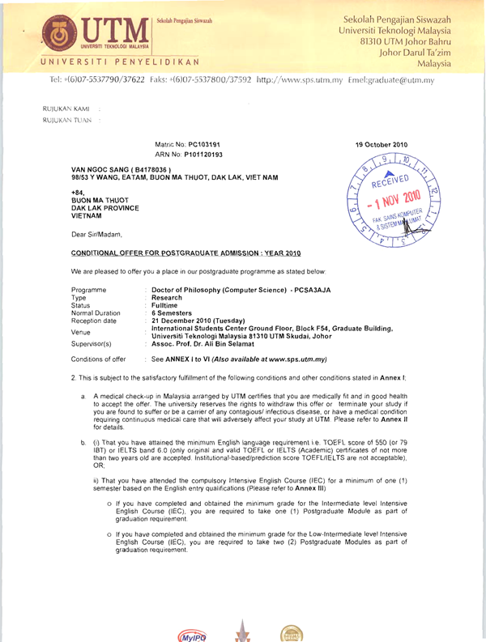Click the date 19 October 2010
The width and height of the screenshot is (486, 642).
(x=382, y=143)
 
